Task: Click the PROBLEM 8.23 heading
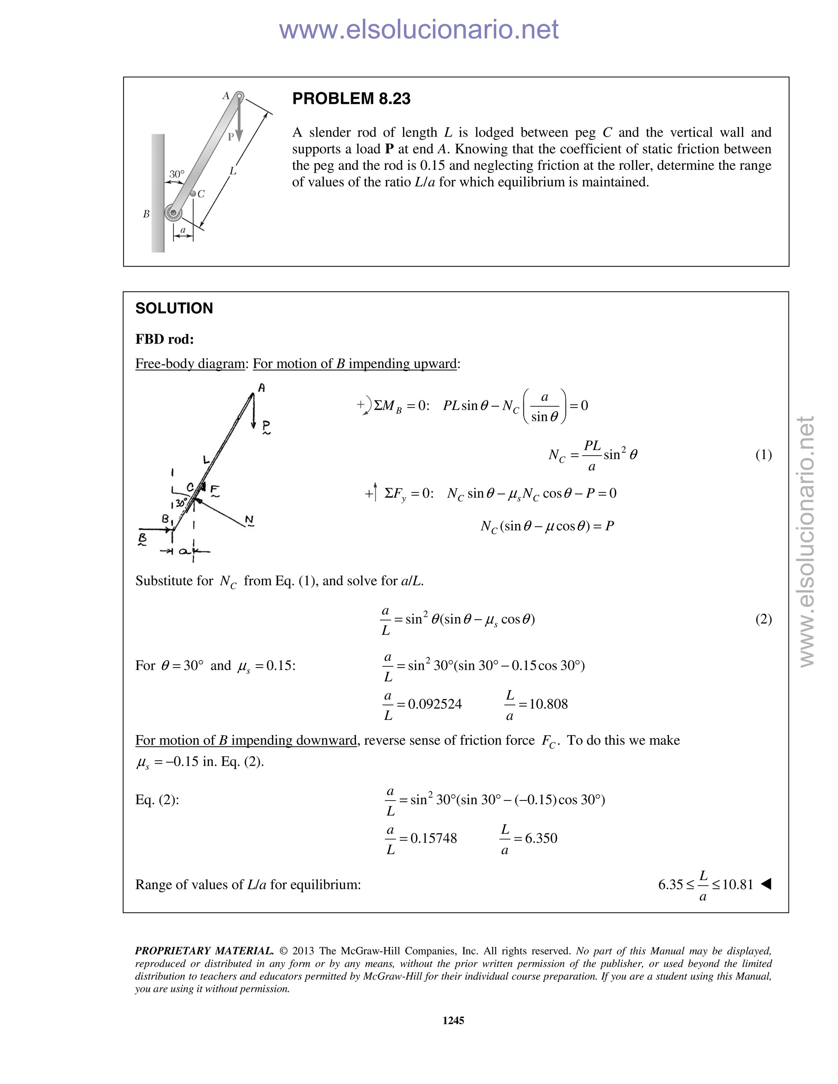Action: pos(351,98)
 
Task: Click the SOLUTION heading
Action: pos(174,308)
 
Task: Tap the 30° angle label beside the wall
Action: pos(177,174)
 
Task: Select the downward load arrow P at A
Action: pos(239,119)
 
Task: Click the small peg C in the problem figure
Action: pos(193,194)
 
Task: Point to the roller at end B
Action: pos(173,213)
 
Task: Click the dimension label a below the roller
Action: pos(182,230)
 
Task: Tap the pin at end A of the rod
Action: pos(239,95)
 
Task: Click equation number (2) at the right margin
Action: pos(763,619)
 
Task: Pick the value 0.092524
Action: pos(435,704)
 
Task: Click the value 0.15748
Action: pos(433,838)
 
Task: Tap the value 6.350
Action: pos(541,838)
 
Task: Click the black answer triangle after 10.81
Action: pos(766,884)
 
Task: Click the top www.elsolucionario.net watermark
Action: pos(419,29)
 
